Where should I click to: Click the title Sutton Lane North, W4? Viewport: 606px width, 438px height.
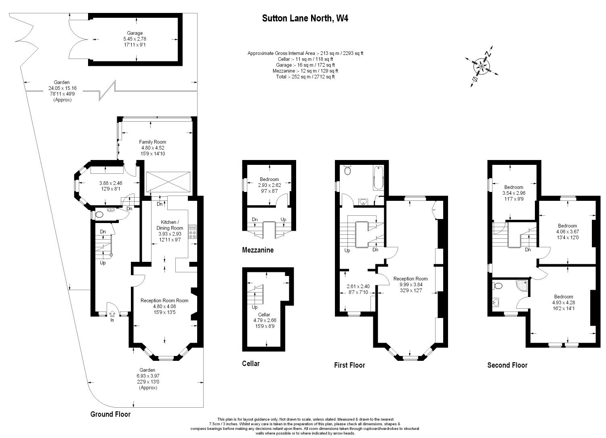[305, 18]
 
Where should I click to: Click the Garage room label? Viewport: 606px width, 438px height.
[135, 33]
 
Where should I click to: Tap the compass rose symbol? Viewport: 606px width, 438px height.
[482, 66]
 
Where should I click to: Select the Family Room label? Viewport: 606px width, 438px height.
[153, 142]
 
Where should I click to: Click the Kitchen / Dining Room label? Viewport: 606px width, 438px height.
[170, 225]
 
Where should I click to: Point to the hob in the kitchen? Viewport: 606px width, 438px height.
[193, 232]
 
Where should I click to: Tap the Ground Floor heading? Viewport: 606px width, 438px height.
[110, 414]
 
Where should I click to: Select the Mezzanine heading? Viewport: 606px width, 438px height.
[258, 250]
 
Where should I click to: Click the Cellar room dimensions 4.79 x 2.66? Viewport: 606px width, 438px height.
[265, 320]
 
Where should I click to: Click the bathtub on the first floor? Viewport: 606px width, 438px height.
[379, 178]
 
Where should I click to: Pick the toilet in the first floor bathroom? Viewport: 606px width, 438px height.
[347, 170]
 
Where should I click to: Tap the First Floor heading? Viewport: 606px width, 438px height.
[349, 365]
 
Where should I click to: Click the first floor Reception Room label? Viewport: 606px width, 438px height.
[410, 278]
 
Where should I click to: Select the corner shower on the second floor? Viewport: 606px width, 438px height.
[522, 285]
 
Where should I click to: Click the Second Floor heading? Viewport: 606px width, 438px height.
[507, 365]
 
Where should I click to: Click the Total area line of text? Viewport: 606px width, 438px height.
[305, 76]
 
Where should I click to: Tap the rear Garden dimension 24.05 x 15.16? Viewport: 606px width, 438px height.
[63, 88]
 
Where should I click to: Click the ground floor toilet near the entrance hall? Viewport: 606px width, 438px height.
[99, 215]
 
